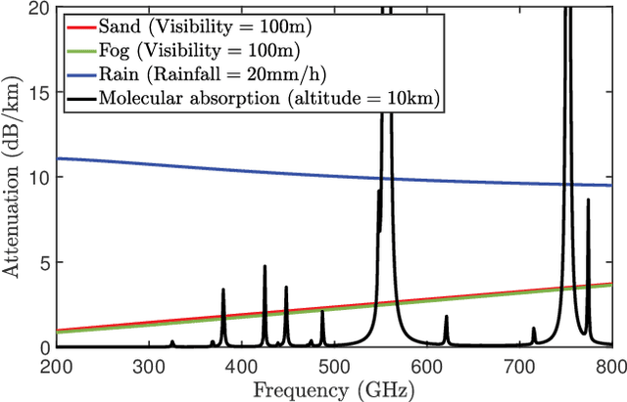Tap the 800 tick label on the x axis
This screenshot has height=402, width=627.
click(611, 365)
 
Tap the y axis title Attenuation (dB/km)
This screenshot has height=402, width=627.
click(12, 177)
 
